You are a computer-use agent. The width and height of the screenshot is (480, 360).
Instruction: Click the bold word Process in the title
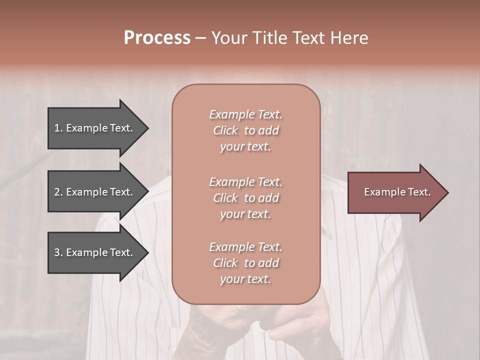(157, 38)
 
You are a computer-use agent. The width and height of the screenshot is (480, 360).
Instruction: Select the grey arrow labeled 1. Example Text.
(95, 128)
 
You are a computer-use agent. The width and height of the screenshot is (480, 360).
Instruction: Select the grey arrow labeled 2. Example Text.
(95, 192)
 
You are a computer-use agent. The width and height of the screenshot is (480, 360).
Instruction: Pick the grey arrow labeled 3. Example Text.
(95, 253)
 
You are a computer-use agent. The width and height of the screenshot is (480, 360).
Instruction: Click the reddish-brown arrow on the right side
(395, 192)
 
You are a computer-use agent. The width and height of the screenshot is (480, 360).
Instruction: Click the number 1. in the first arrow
(58, 128)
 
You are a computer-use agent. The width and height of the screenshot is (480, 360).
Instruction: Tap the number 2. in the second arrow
(58, 192)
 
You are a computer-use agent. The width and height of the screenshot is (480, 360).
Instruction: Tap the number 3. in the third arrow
(58, 253)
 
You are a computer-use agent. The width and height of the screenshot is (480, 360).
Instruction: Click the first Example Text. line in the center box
(245, 114)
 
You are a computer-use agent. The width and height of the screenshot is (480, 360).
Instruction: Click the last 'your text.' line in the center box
(245, 279)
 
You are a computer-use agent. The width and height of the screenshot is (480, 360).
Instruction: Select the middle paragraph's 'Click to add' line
(245, 198)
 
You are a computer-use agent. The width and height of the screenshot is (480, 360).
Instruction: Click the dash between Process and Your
(200, 38)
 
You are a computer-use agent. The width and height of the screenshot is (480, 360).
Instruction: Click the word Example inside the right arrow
(382, 192)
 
